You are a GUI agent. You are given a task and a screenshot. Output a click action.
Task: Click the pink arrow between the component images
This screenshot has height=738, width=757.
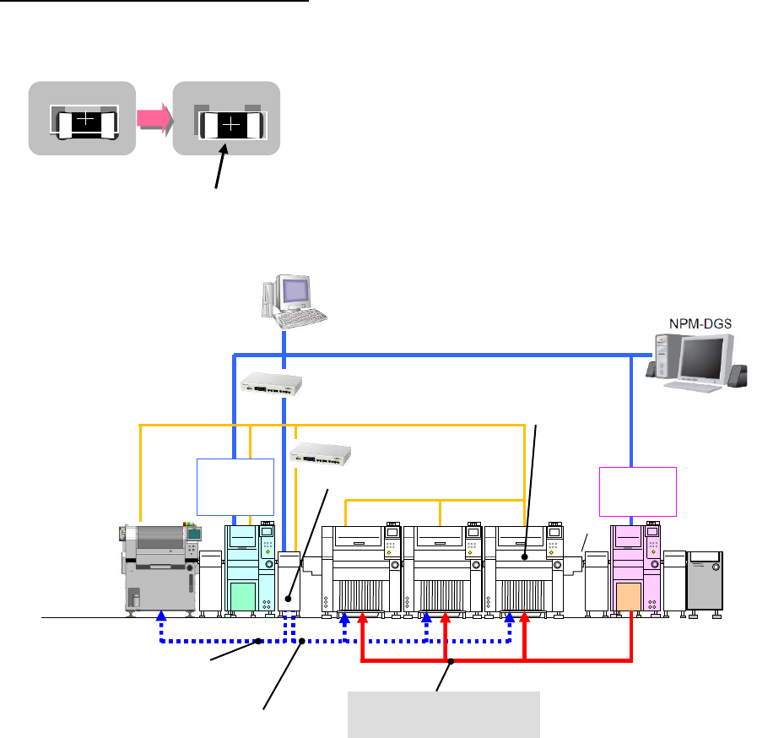(x=154, y=122)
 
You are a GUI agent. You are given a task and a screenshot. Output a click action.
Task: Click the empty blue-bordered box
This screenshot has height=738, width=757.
(x=235, y=486)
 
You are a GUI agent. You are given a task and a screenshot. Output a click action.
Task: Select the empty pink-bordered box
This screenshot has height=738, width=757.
(x=638, y=491)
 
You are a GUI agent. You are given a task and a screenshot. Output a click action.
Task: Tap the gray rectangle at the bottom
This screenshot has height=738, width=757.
(x=446, y=714)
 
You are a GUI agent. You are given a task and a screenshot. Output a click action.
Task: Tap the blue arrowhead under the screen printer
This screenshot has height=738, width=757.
(x=162, y=620)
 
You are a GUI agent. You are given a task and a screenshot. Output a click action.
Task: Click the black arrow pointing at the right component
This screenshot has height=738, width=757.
(x=222, y=167)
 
